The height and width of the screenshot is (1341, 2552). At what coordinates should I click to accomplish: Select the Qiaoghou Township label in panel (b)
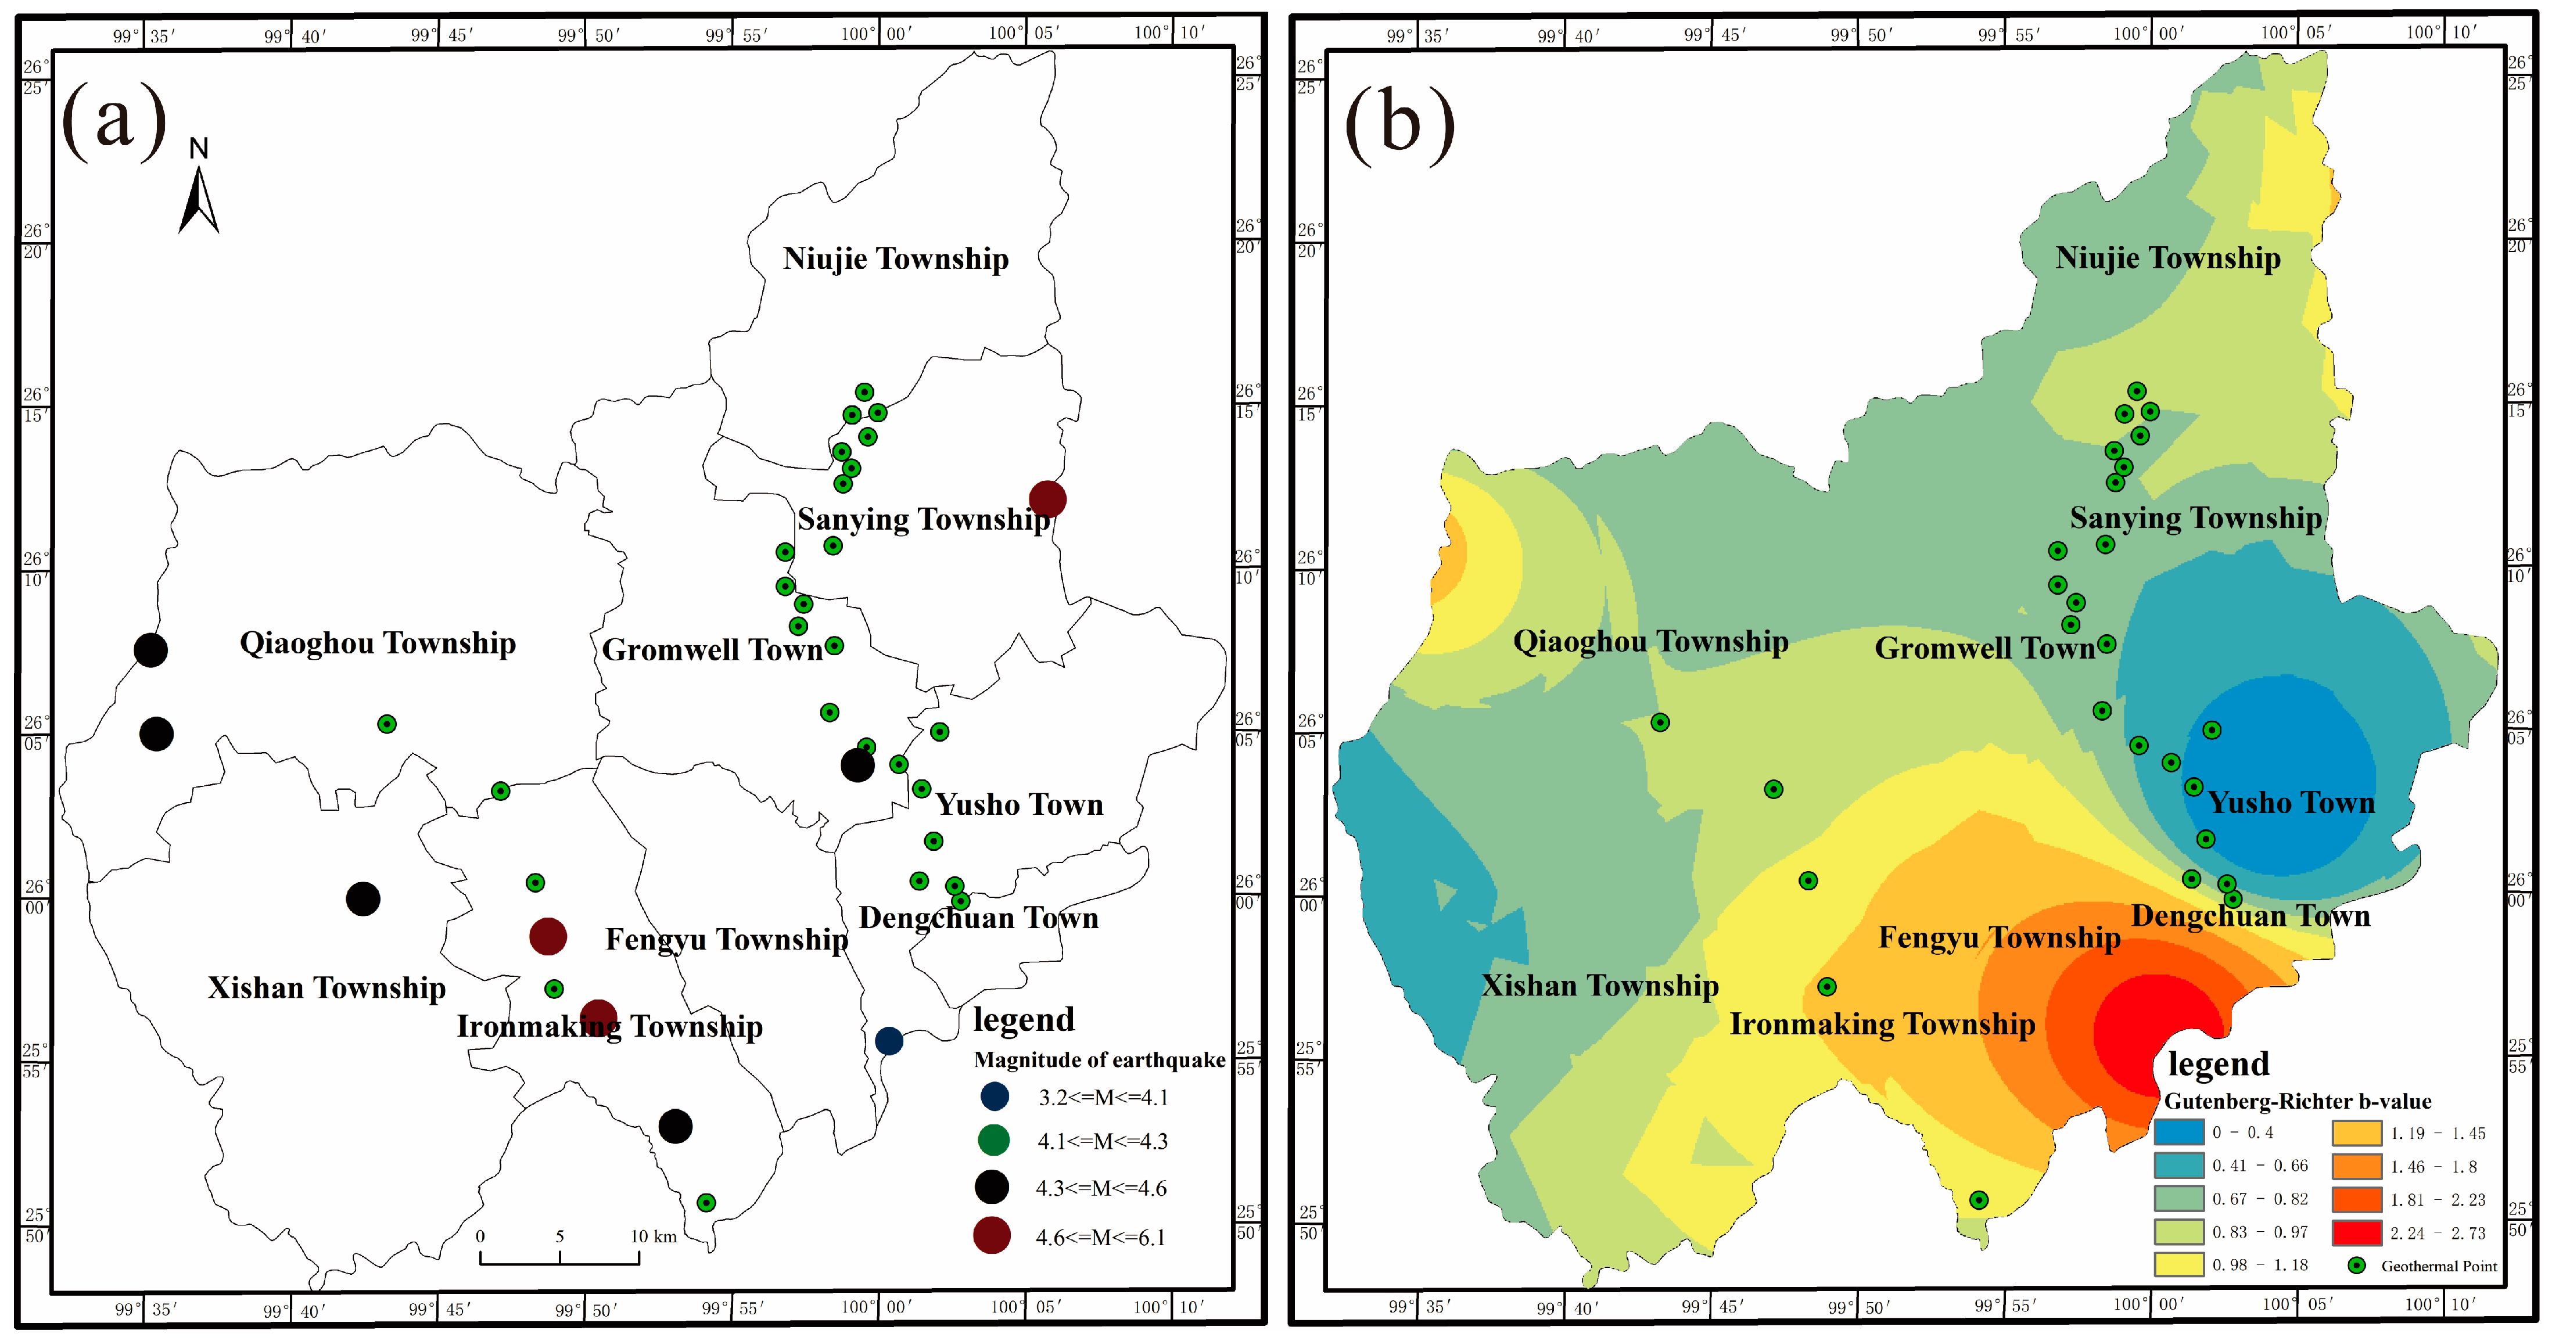[1650, 642]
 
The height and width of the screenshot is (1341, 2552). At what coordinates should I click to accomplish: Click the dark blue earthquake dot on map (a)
[889, 1041]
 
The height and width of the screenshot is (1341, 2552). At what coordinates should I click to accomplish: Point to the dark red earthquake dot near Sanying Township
[1047, 499]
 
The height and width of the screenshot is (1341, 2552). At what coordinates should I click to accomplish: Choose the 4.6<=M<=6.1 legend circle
[992, 1235]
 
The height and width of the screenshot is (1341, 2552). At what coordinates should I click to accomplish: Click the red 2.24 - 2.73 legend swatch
[2356, 1232]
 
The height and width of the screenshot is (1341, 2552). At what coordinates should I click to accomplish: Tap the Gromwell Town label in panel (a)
[712, 650]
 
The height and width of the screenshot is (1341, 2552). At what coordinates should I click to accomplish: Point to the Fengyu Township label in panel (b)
[1999, 937]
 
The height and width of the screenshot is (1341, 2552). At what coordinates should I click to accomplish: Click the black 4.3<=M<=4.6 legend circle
[992, 1187]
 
